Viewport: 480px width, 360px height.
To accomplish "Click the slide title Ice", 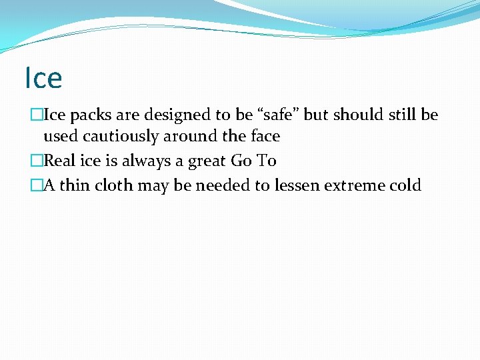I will coord(43,78).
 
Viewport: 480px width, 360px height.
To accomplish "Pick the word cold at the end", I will coord(405,185).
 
